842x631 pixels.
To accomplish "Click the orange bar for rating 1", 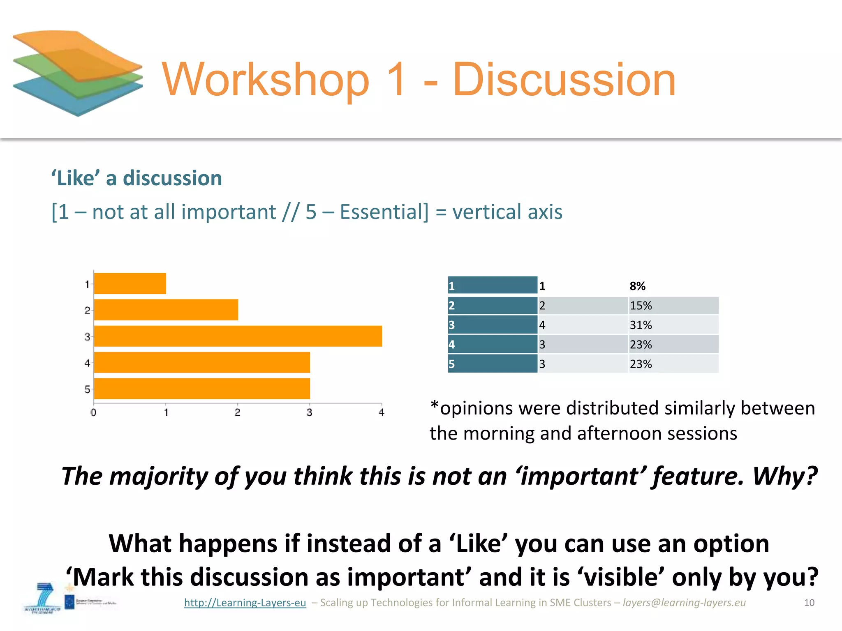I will (x=130, y=283).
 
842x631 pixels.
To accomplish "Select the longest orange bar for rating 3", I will (x=238, y=336).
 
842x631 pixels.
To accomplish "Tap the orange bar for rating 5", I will (x=202, y=389).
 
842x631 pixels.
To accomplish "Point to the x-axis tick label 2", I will (x=238, y=412).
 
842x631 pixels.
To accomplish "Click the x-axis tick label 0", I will (x=93, y=412).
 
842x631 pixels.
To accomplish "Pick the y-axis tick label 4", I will (x=87, y=363).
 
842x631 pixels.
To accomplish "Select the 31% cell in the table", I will (x=641, y=325).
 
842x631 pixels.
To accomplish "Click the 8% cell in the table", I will (x=638, y=286).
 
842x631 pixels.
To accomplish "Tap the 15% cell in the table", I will (x=641, y=306).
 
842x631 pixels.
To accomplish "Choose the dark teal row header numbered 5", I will (x=493, y=364).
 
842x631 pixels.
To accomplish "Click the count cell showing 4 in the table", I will (x=542, y=325).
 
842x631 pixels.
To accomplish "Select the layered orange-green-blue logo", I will (x=78, y=73).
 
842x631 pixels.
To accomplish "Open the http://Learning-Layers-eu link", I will (x=245, y=603).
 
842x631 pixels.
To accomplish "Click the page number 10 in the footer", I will (x=809, y=603).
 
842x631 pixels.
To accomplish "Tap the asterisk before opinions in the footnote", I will (x=434, y=406).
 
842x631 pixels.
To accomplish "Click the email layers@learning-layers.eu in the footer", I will (x=684, y=603).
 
